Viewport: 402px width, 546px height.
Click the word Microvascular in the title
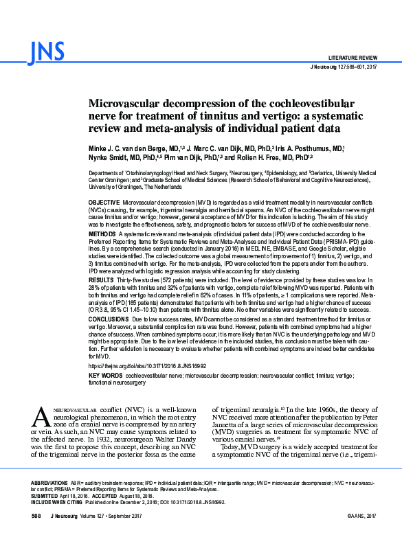point(129,102)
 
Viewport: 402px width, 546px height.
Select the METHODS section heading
point(102,234)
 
